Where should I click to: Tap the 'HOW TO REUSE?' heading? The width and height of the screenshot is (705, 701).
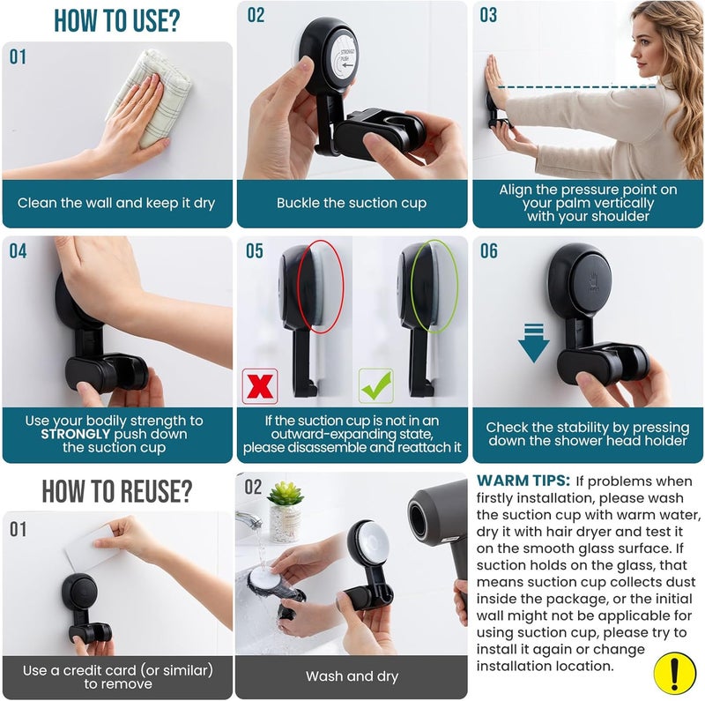tap(117, 490)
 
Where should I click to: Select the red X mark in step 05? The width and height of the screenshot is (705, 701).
tap(260, 385)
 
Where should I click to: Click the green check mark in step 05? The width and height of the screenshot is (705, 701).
tap(375, 385)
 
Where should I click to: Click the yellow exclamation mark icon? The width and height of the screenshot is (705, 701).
tap(674, 673)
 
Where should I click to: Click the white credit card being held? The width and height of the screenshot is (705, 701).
tap(92, 552)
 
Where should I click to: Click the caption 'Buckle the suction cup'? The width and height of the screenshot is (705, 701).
tap(352, 203)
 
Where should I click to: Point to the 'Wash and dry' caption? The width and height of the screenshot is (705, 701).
tap(351, 676)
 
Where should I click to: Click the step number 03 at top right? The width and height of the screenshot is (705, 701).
tap(488, 15)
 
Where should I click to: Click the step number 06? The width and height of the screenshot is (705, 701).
tap(488, 252)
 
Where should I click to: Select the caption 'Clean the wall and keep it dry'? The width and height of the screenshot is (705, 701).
tap(116, 203)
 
